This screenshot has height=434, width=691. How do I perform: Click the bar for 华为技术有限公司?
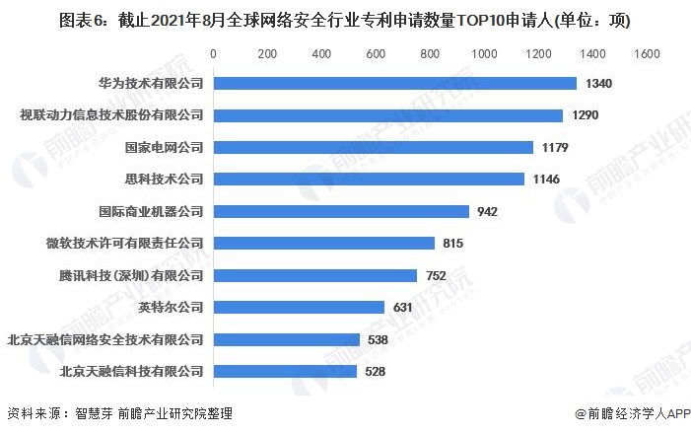point(394,83)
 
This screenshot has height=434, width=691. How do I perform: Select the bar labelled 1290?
point(387,115)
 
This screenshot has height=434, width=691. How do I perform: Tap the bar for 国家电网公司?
point(373,147)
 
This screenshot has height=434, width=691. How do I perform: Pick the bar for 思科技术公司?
point(368,179)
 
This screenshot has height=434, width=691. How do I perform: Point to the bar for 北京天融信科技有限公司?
point(284,372)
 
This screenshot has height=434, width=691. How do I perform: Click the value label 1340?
point(598,84)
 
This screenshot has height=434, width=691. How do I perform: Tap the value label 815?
point(453,244)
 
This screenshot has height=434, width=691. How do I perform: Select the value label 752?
point(437,275)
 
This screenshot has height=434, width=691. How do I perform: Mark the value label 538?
point(378,340)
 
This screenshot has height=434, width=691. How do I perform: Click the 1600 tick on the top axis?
point(646,54)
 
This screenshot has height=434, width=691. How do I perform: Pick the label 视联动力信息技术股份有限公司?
point(111,115)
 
